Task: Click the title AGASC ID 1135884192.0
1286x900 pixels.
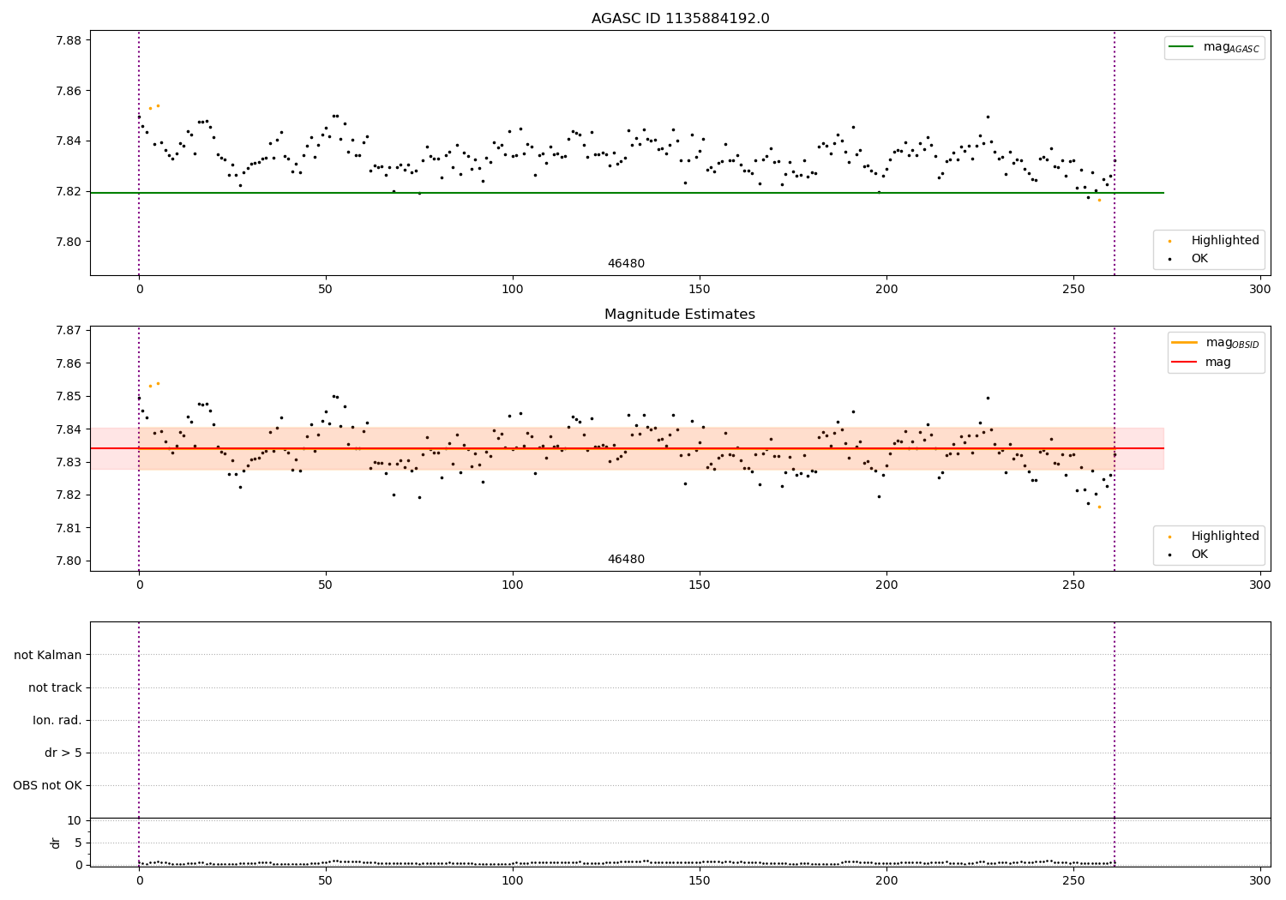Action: pyautogui.click(x=680, y=19)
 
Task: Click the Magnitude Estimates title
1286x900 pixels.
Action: pyautogui.click(x=680, y=315)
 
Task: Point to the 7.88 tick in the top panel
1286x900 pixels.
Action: pyautogui.click(x=69, y=40)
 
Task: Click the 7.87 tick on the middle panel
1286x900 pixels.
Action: pyautogui.click(x=69, y=331)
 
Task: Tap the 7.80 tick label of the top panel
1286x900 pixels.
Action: pyautogui.click(x=69, y=242)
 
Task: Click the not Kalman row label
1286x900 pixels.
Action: pyautogui.click(x=48, y=656)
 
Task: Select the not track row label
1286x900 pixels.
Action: pyautogui.click(x=55, y=688)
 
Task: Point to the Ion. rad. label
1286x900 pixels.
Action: pyautogui.click(x=57, y=721)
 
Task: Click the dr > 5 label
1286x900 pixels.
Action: pyautogui.click(x=63, y=753)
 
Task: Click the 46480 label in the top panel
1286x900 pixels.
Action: pyautogui.click(x=626, y=264)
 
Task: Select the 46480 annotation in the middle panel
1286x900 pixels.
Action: pyautogui.click(x=626, y=560)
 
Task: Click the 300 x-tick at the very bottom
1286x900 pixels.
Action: pyautogui.click(x=1259, y=879)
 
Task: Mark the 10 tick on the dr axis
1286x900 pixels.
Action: pyautogui.click(x=75, y=820)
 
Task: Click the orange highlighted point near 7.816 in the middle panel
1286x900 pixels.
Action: pyautogui.click(x=1099, y=507)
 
